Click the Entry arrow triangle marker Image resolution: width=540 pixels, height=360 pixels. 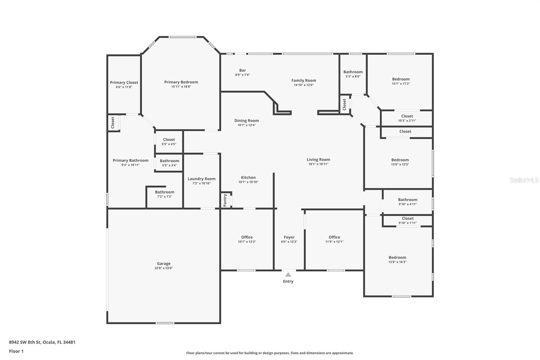288,275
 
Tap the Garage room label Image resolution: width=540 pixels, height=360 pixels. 164,263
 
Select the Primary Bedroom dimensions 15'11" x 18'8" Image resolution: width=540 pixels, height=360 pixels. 181,87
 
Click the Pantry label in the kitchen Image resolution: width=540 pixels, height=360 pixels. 225,200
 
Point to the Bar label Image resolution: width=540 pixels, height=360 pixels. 242,70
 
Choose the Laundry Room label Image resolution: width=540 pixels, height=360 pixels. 201,179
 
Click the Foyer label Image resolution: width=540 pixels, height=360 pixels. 289,237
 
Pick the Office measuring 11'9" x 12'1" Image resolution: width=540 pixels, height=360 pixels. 334,237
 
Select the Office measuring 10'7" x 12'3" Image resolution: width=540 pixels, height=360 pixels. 247,237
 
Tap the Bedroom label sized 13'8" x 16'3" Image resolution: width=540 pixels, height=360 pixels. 397,257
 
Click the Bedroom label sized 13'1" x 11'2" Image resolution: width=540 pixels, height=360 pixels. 401,79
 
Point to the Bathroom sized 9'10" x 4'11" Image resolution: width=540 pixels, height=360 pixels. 407,200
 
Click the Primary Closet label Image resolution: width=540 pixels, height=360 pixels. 124,82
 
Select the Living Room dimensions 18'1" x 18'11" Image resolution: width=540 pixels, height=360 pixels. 318,164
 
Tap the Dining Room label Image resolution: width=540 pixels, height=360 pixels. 246,121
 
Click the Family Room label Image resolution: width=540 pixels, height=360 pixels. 304,80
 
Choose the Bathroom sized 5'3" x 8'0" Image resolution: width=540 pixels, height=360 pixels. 353,72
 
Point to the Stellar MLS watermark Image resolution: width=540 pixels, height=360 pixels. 524,180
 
